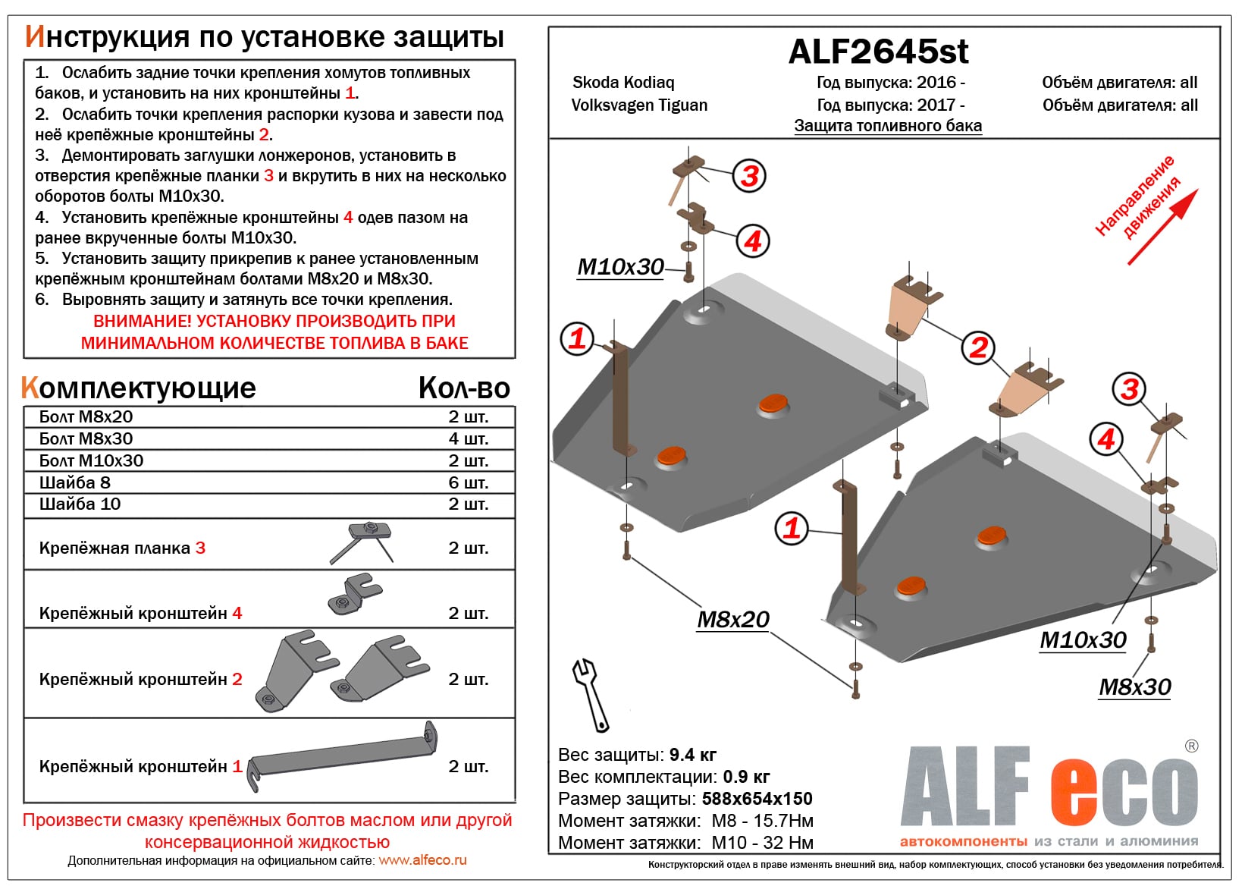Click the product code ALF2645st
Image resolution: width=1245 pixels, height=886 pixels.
878,52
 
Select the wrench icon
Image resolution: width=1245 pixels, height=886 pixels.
591,694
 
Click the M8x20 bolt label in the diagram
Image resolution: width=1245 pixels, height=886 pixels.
732,620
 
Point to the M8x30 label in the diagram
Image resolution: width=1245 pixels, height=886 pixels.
1134,687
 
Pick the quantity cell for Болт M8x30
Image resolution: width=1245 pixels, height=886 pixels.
468,438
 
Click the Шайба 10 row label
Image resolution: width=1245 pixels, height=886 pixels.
80,504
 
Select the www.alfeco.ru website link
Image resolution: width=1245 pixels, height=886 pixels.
422,860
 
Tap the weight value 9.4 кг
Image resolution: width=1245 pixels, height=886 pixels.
692,755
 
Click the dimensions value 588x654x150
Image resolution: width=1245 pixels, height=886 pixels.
757,799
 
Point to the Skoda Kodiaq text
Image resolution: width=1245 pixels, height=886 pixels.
623,82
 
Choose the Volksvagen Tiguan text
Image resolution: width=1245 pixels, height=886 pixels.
639,105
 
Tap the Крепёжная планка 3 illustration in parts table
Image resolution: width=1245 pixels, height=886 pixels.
362,540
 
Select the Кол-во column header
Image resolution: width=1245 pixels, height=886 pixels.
464,388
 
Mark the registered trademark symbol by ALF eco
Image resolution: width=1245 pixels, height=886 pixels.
1191,746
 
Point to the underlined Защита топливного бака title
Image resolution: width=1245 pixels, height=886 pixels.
888,126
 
